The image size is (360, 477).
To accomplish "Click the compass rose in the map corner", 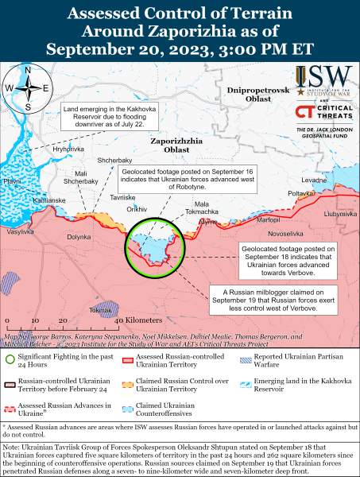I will tap(27, 87).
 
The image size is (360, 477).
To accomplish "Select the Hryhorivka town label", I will tap(68, 149).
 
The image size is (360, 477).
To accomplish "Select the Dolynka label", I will tap(79, 237).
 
